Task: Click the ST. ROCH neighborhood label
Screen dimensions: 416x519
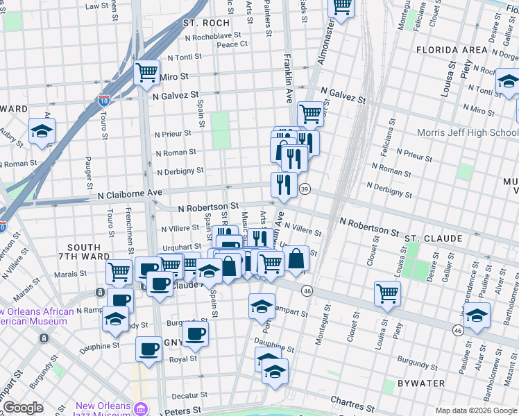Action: tap(201, 23)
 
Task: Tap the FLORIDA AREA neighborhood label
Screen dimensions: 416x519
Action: tap(452, 50)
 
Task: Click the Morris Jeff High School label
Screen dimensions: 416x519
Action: tap(468, 132)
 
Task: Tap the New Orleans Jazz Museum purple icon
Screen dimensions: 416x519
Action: tap(142, 408)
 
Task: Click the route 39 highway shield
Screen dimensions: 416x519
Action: tap(304, 189)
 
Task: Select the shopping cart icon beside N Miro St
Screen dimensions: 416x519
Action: tap(146, 71)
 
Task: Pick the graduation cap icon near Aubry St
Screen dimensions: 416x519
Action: tap(42, 130)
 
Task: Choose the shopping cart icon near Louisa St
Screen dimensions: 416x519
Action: tap(387, 292)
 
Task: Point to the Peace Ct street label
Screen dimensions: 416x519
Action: tap(232, 44)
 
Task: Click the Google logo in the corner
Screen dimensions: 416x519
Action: tap(23, 408)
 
